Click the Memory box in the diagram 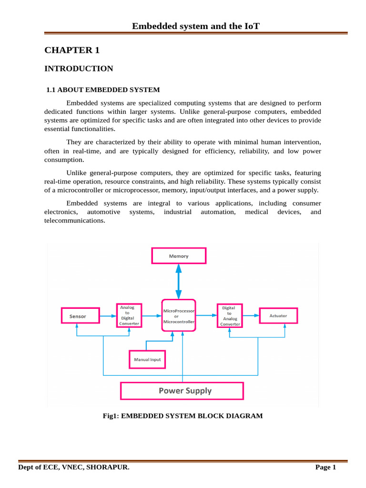pyautogui.click(x=179, y=256)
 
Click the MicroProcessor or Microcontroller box pyautogui.click(x=179, y=316)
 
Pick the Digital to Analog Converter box pyautogui.click(x=229, y=316)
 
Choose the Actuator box pyautogui.click(x=278, y=315)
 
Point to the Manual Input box pyautogui.click(x=147, y=359)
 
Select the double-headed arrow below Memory pyautogui.click(x=179, y=281)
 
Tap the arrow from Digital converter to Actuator pyautogui.click(x=250, y=315)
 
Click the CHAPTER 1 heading pyautogui.click(x=72, y=50)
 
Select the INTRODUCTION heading pyautogui.click(x=79, y=69)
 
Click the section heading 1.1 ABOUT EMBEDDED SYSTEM pyautogui.click(x=103, y=90)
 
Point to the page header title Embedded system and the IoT pyautogui.click(x=196, y=26)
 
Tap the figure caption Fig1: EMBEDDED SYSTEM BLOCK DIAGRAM pyautogui.click(x=183, y=416)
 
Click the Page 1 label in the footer pyautogui.click(x=326, y=468)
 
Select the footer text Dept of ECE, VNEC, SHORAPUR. pyautogui.click(x=74, y=468)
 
